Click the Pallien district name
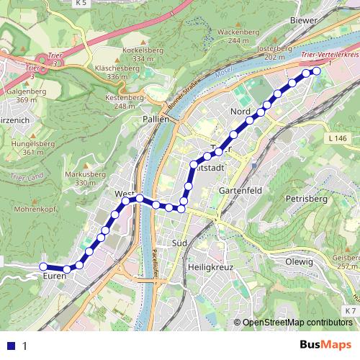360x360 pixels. (x=155, y=120)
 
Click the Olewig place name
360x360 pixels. (x=300, y=262)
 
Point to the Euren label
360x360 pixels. (x=55, y=276)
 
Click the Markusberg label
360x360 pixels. (x=80, y=174)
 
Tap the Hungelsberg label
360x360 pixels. (x=23, y=144)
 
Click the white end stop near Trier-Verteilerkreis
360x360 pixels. (x=316, y=71)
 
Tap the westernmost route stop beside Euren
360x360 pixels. (x=43, y=267)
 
